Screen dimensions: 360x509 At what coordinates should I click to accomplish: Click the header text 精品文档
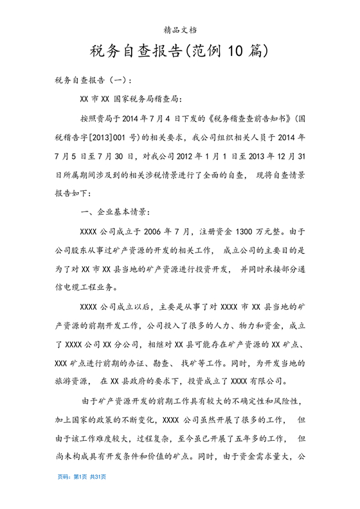181,30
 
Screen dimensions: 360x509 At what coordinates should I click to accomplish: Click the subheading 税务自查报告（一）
94,81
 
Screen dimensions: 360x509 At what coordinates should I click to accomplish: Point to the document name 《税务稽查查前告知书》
242,118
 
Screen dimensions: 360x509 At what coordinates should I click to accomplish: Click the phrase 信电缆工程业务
83,286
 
